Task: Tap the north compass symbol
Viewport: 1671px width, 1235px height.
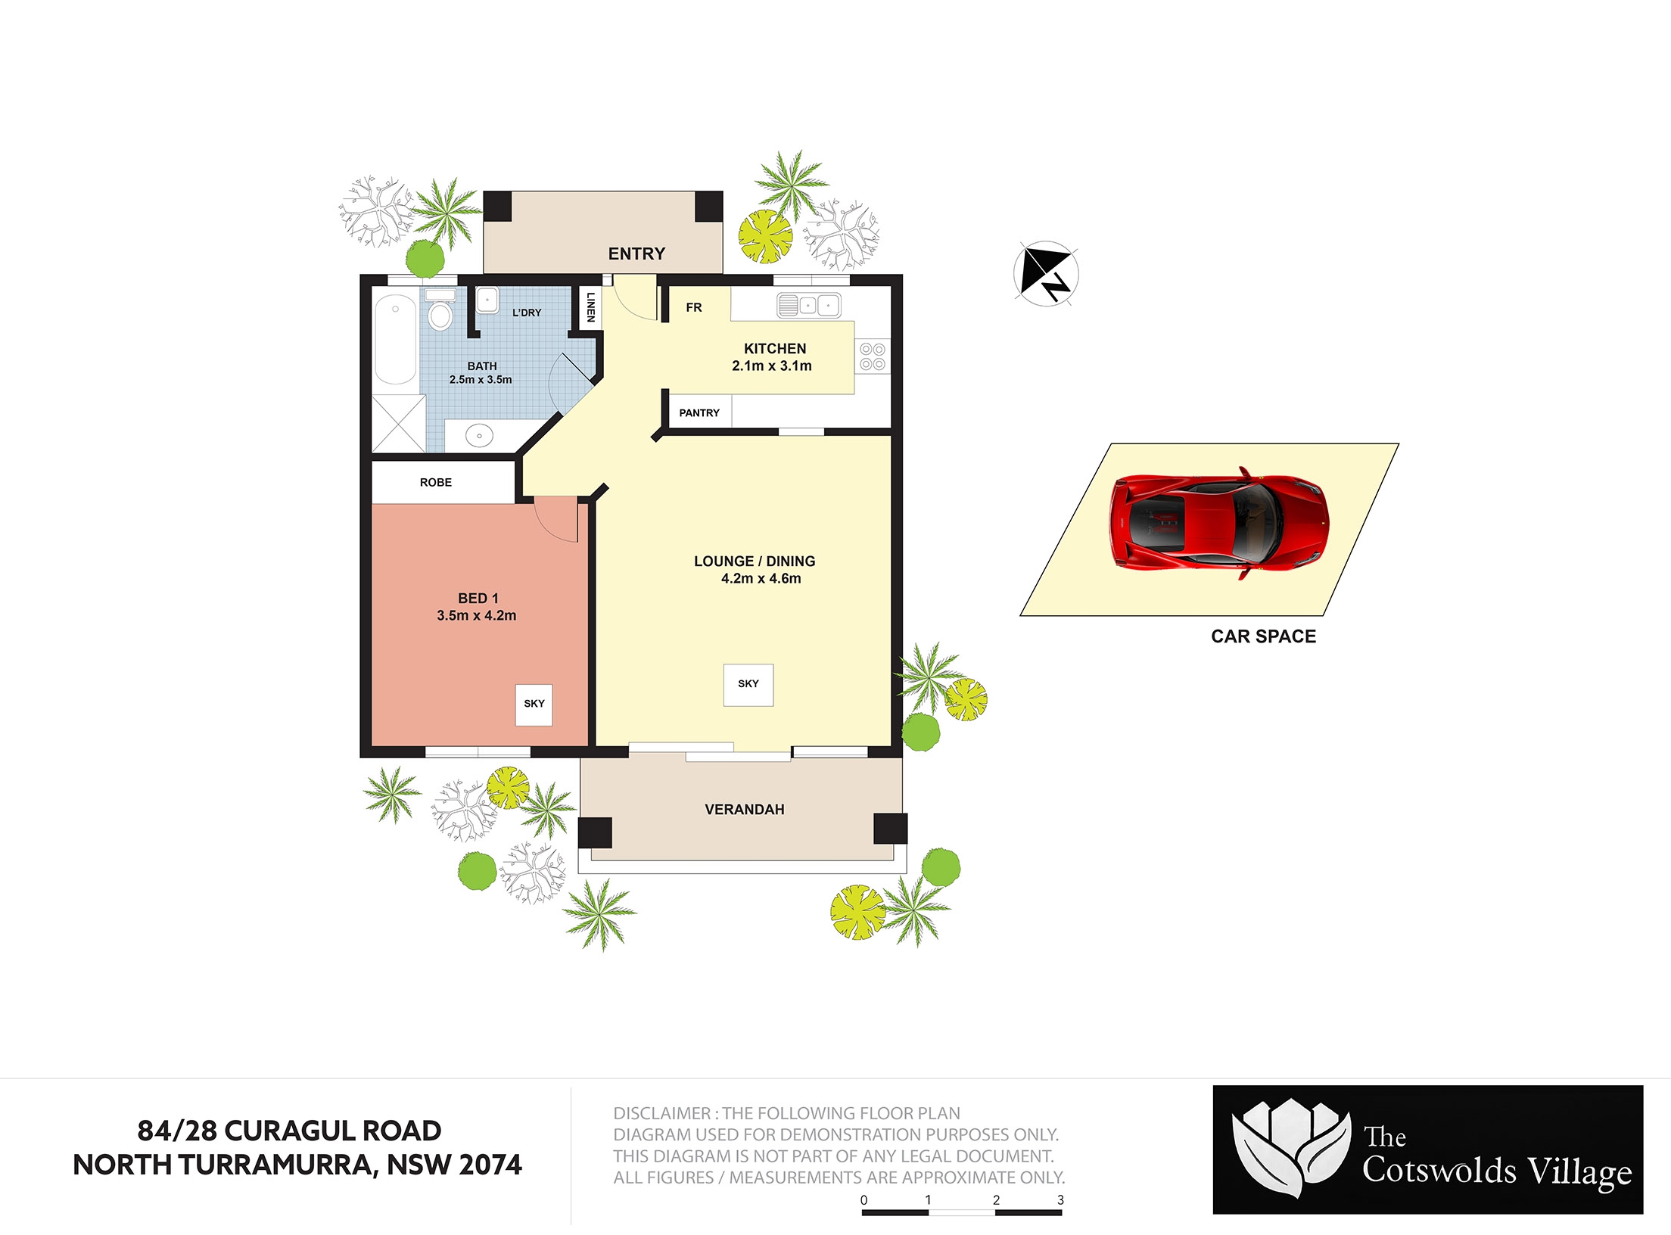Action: tap(1046, 273)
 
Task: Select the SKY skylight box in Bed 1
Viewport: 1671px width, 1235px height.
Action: tap(534, 705)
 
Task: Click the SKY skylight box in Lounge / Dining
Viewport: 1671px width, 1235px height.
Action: tap(748, 685)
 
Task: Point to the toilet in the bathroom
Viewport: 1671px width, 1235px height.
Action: tap(440, 309)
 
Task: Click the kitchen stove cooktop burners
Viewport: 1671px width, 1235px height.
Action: tap(873, 356)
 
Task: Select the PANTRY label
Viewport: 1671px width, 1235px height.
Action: tap(699, 413)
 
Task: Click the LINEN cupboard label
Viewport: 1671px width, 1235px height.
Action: tap(590, 307)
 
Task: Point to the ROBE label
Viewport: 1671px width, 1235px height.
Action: tap(436, 483)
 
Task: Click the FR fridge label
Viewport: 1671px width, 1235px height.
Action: tap(694, 307)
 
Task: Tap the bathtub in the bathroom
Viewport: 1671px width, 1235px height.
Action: tap(395, 340)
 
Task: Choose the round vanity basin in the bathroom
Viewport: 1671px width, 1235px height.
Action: tap(479, 436)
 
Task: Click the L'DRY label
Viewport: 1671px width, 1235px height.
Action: tap(527, 313)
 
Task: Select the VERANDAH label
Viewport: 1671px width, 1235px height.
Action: tap(745, 810)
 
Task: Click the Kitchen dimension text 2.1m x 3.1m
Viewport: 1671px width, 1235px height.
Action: tap(772, 366)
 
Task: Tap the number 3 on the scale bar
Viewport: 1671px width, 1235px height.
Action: tap(1060, 1200)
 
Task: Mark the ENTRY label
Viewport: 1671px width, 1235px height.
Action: tap(636, 254)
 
